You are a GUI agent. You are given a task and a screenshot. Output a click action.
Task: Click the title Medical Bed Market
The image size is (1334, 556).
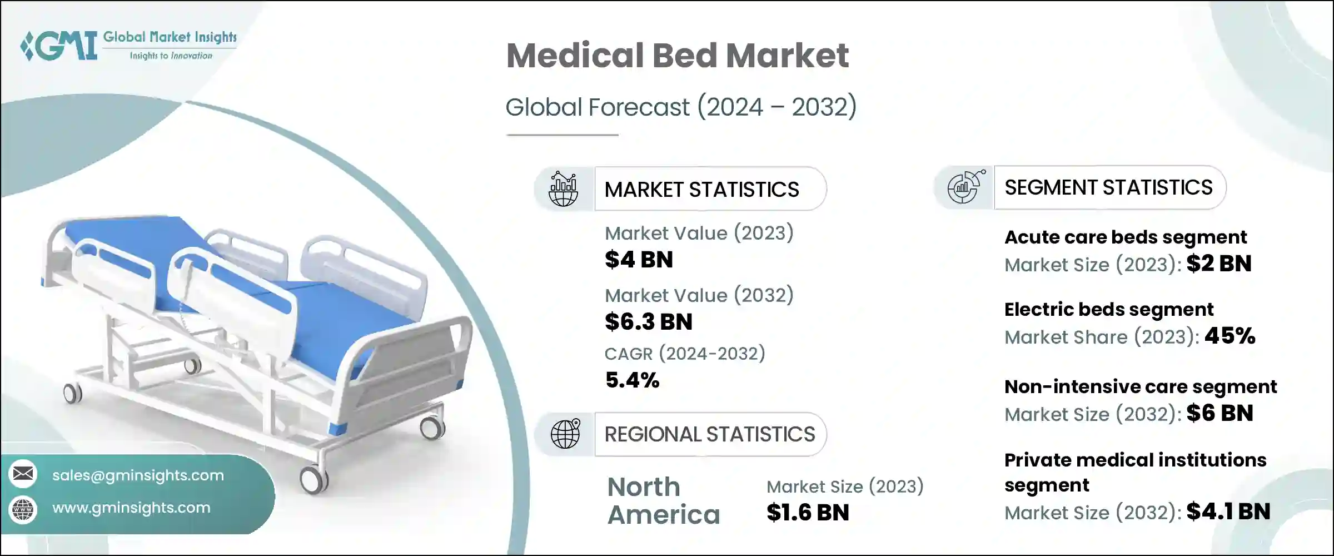click(677, 56)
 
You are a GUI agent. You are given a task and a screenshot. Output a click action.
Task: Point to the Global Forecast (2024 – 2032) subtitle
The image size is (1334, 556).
click(680, 107)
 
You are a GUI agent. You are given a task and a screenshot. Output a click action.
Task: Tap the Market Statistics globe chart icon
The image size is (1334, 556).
click(564, 189)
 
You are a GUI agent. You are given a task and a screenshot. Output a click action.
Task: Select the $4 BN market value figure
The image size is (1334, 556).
click(639, 260)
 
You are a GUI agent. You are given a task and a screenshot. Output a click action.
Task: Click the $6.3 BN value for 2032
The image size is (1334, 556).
click(648, 322)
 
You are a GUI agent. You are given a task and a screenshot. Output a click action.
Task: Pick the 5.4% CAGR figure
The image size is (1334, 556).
click(632, 380)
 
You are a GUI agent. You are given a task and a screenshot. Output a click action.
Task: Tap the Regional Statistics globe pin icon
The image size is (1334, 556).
click(565, 434)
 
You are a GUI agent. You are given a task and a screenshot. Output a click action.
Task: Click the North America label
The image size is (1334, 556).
click(663, 501)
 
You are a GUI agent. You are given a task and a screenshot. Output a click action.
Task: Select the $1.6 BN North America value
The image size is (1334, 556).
click(808, 513)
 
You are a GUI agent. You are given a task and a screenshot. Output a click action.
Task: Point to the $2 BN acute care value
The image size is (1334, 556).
click(1218, 264)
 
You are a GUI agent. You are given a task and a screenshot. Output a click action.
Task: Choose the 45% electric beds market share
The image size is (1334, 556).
click(1230, 336)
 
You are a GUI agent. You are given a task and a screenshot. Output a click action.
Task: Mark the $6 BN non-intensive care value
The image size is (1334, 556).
click(1219, 413)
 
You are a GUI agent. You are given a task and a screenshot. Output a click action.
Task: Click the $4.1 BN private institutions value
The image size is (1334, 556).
click(1228, 512)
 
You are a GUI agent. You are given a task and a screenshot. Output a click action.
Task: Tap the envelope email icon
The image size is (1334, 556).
click(23, 474)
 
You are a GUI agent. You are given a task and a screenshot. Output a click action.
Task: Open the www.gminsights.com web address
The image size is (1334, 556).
click(131, 508)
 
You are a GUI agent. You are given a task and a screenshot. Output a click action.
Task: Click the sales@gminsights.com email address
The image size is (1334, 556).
click(138, 475)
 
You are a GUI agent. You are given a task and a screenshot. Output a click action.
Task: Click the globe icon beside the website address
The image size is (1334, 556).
click(23, 509)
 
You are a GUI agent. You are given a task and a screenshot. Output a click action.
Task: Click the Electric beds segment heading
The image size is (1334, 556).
click(1108, 309)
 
